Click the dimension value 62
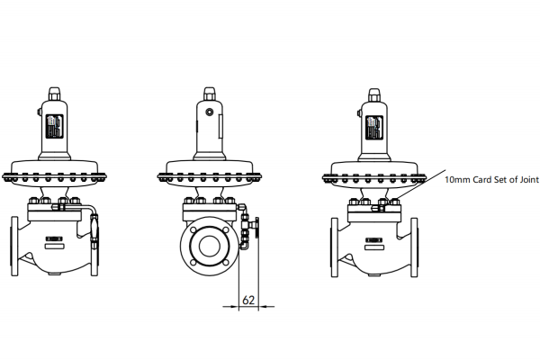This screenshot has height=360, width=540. pos(247,300)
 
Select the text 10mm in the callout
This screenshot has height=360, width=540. pos(457,180)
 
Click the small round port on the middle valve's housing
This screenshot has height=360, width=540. pos(209,112)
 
